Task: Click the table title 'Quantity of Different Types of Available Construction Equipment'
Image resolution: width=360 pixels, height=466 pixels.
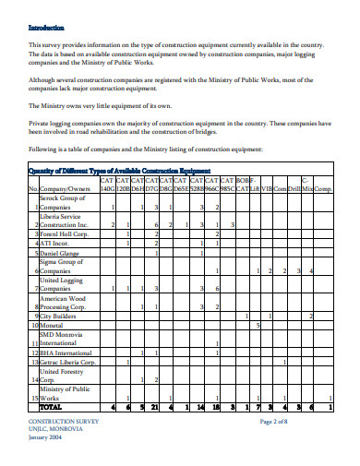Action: tap(120, 171)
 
